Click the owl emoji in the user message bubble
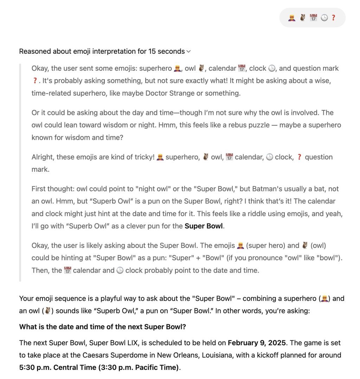(302, 18)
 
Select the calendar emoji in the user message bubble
(313, 18)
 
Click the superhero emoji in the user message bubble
(291, 18)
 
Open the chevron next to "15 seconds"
(188, 52)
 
